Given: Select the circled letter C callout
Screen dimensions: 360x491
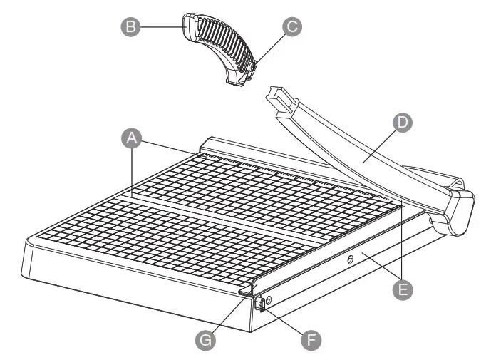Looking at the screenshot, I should (291, 26).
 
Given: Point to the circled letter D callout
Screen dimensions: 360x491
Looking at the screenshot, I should (403, 123).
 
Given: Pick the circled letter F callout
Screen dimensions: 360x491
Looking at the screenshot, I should (309, 340).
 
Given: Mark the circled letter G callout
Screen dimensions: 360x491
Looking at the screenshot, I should (207, 339).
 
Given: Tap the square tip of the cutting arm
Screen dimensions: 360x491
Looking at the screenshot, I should (279, 97).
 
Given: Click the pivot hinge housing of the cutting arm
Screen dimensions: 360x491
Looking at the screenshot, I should (456, 210).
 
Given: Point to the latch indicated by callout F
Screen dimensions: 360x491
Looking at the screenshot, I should (260, 304).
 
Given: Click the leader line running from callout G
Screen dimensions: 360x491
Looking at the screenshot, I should (227, 314).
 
